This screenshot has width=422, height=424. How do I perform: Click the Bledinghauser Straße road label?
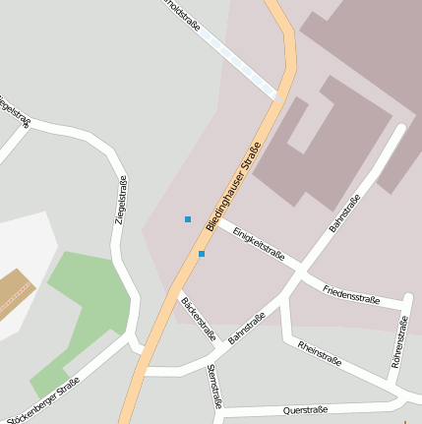233,187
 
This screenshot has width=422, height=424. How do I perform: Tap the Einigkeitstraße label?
259,243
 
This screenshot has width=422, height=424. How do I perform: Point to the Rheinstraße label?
319,353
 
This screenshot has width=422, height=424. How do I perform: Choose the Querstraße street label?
304,409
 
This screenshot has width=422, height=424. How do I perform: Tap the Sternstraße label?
215,386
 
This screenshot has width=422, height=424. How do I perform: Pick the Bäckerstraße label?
198,318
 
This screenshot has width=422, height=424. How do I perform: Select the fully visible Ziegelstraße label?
120,200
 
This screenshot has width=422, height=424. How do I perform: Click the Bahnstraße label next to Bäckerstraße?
248,327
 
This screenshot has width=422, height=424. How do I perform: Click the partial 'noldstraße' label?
183,14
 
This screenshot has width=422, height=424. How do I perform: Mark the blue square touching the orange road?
202,254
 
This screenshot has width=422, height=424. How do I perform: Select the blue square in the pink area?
187,218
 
